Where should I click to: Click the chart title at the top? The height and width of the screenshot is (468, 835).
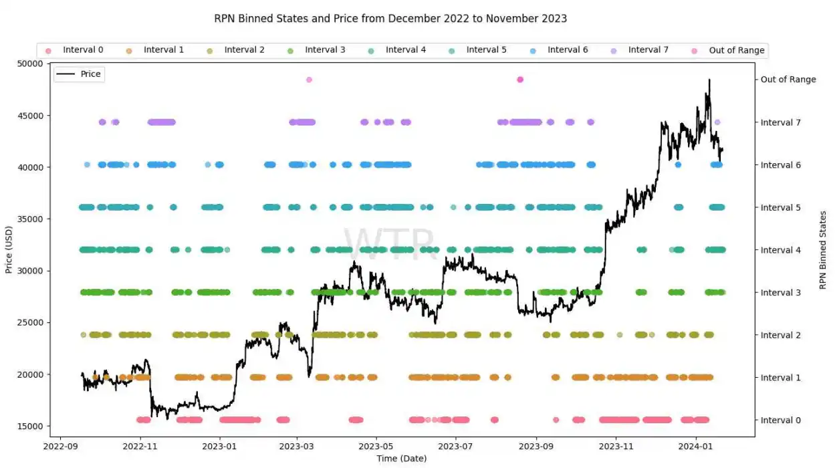390,19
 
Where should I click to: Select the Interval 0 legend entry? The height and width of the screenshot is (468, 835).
75,50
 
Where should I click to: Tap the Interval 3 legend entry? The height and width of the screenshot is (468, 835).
317,50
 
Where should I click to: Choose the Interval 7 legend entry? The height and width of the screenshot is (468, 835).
640,50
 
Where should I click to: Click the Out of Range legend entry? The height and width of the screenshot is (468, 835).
729,50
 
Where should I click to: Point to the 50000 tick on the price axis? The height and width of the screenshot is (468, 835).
47,64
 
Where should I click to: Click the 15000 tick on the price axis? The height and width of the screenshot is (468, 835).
47,426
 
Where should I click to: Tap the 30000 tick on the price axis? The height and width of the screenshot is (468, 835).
47,271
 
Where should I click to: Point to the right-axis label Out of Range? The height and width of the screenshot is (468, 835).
788,80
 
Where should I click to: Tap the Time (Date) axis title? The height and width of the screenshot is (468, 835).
401,459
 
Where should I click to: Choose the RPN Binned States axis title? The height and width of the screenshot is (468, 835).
822,250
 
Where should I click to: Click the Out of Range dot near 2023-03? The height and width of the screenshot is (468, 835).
309,80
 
